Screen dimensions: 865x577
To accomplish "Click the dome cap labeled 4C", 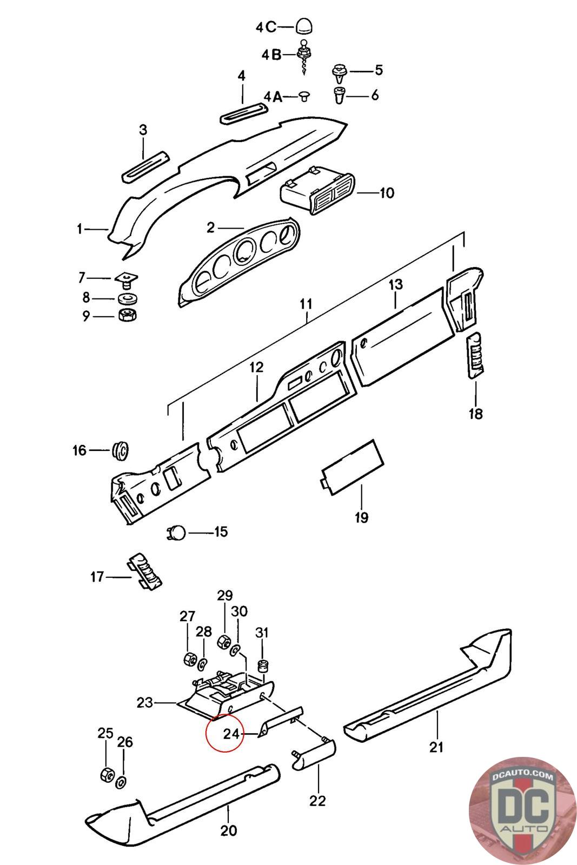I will click(305, 26).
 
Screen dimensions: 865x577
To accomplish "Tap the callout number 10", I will click(387, 192).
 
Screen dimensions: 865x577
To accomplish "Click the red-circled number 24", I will click(231, 734).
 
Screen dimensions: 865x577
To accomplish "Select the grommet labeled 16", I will click(121, 450).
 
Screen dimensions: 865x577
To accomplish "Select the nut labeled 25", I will click(107, 775).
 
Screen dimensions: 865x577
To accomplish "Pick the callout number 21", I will click(436, 747).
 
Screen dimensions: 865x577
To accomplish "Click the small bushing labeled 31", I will click(263, 666).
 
